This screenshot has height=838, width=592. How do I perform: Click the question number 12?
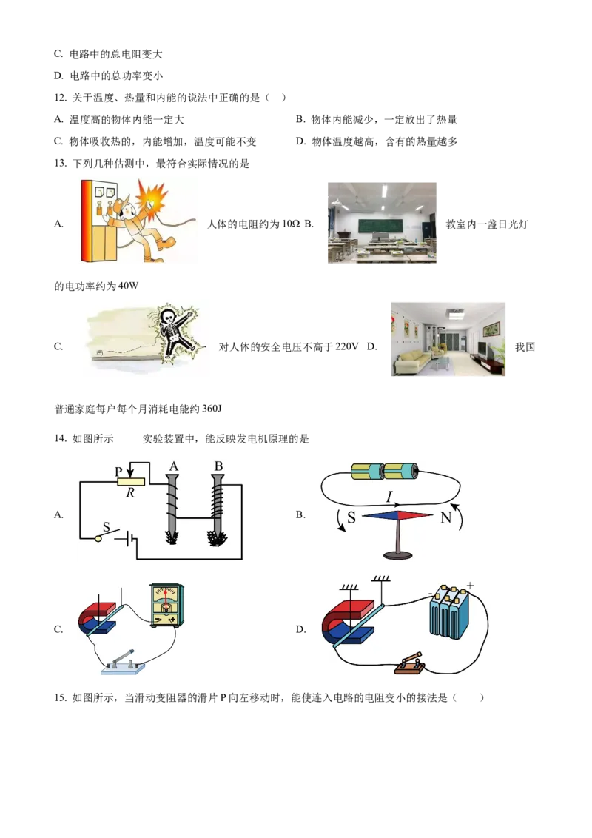pos(60,98)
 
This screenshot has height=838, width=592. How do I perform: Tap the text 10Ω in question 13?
pos(291,224)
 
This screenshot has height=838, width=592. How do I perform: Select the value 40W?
pos(128,286)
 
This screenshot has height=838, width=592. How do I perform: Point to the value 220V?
pos(347,347)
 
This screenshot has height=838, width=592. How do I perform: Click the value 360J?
pos(212,409)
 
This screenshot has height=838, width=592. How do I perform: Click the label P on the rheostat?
pos(118,472)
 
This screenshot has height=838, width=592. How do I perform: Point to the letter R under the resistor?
pos(129,493)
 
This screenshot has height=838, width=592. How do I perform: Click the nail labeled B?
pos(217,510)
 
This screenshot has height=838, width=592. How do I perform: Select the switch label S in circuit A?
pos(106,527)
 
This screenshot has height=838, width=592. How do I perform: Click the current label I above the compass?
pos(389,498)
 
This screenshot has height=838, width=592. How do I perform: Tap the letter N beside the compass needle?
pos(445,517)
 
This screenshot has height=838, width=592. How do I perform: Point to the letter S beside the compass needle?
pos(351,517)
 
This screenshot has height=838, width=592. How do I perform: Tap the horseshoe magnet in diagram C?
pos(97,619)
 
